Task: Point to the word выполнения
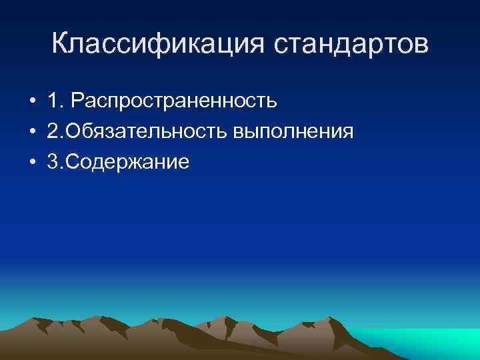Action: (293, 132)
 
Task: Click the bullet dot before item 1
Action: (32, 102)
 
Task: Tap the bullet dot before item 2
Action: (32, 132)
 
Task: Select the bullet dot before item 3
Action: (32, 162)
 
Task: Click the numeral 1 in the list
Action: (52, 101)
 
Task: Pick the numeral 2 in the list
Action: (53, 131)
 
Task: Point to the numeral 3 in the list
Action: (53, 161)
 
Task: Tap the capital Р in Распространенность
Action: (77, 101)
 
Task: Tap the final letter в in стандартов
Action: (422, 47)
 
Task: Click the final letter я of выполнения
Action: (347, 133)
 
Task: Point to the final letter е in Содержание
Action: (185, 163)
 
